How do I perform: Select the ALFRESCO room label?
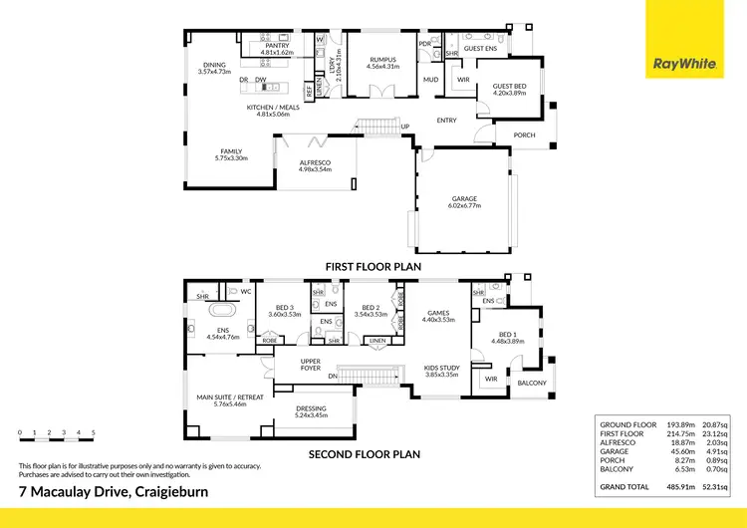click(x=314, y=163)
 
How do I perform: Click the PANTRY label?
click(x=276, y=46)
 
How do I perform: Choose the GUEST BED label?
click(x=509, y=88)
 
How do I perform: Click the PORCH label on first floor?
click(x=524, y=135)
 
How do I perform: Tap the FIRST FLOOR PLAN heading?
click(x=373, y=267)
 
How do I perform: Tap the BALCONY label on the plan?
click(x=531, y=382)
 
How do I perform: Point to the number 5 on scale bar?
click(x=93, y=433)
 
